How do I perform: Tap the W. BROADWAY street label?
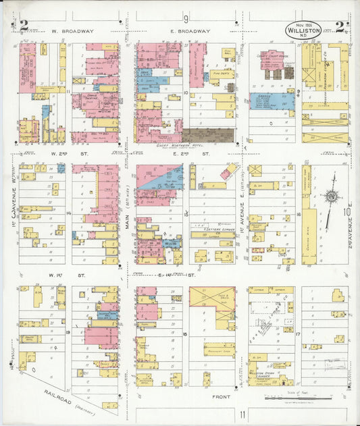[72, 31]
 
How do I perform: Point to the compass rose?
[331, 196]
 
